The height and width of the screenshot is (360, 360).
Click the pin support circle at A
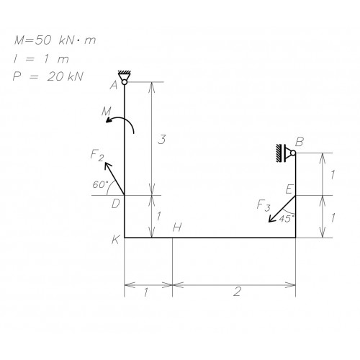(125, 82)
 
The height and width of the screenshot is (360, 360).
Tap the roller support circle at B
(293, 153)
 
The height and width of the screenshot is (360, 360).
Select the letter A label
(114, 85)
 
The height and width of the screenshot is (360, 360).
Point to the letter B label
(300, 142)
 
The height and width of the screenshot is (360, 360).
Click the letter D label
(116, 204)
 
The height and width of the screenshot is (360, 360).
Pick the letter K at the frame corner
(116, 240)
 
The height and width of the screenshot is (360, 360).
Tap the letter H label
(177, 228)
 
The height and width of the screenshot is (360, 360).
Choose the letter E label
(289, 189)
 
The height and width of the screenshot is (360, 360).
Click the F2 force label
(97, 155)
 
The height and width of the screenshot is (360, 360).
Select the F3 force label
(264, 206)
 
